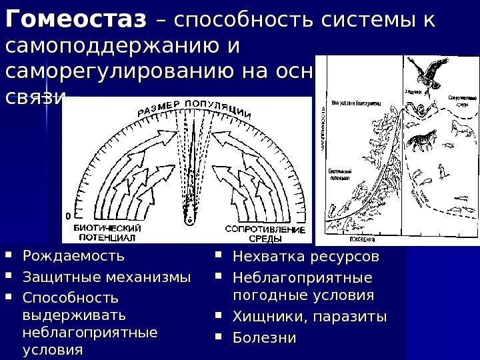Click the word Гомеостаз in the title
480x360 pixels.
[75, 21]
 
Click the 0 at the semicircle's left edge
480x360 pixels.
[68, 215]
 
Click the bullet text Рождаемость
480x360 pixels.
[74, 256]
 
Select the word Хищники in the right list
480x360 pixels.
[263, 316]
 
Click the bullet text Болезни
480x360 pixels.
[263, 337]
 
